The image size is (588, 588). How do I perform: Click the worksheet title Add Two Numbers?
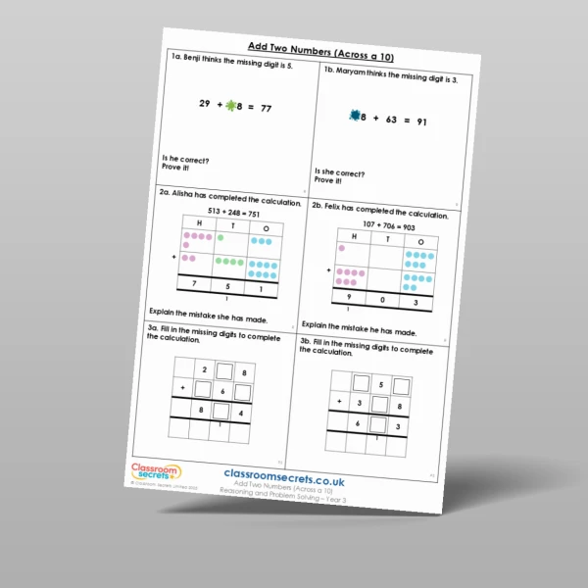tap(308, 46)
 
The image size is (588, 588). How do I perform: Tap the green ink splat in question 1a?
tap(231, 105)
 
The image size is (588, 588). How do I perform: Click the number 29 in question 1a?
tap(204, 103)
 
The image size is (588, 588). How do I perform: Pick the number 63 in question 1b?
tap(385, 120)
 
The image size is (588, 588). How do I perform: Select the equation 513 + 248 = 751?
tap(231, 213)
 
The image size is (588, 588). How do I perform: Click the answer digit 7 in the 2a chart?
tap(195, 285)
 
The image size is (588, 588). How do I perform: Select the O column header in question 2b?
tap(420, 241)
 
